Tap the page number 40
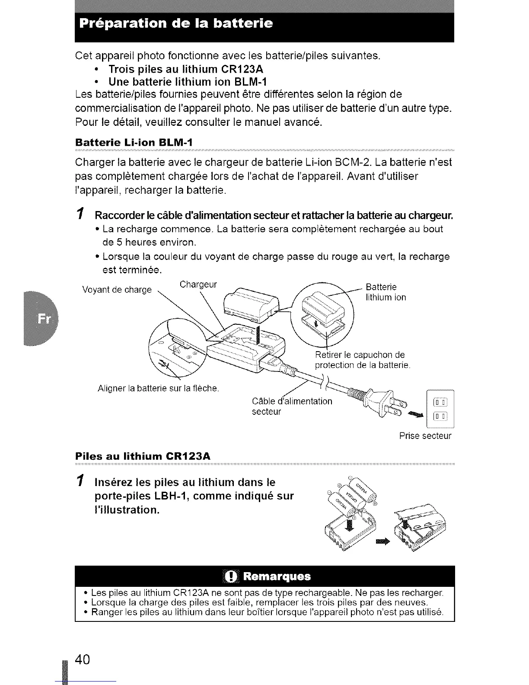(82, 659)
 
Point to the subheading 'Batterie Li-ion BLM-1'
(134, 142)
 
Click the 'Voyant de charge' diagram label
(117, 290)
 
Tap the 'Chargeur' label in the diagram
(198, 284)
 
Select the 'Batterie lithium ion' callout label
(386, 292)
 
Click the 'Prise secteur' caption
(425, 436)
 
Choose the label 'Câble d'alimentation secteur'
(292, 406)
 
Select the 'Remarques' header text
(277, 576)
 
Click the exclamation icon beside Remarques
(232, 576)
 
